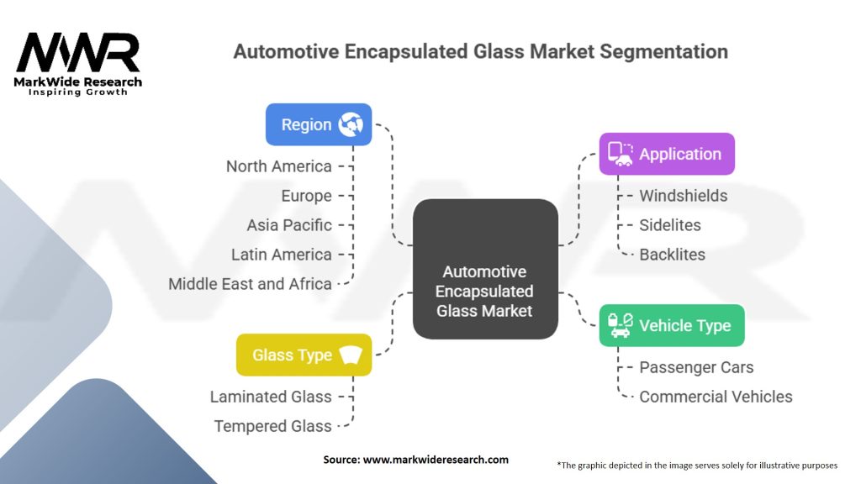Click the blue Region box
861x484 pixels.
point(318,124)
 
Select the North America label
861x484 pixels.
point(278,166)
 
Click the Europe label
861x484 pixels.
point(306,196)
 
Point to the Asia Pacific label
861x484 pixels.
point(288,225)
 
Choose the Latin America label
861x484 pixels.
point(281,255)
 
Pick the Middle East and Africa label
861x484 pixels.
point(250,284)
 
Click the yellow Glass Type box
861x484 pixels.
point(304,355)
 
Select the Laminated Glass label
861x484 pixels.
point(270,397)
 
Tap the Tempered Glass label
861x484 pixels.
point(272,426)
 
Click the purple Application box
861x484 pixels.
point(667,154)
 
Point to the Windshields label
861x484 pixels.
point(683,196)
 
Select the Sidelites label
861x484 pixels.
point(669,225)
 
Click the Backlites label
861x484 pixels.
point(672,255)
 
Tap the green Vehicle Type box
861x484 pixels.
point(671,325)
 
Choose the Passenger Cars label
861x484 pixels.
point(696,367)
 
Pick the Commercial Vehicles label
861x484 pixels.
point(716,397)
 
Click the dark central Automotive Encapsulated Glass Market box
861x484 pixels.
point(486,269)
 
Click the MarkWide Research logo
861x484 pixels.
point(78,63)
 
